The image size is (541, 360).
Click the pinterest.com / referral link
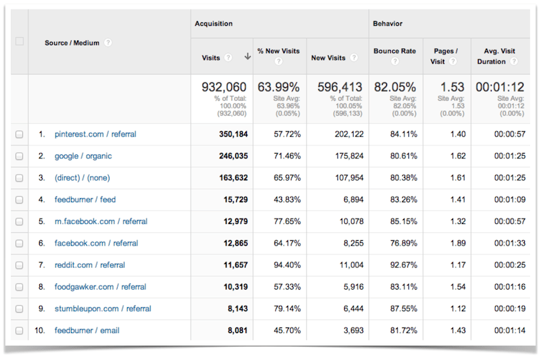tap(95, 135)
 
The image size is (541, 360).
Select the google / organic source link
tap(83, 156)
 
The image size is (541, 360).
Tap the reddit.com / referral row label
tap(90, 265)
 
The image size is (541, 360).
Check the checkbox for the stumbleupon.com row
tap(19, 309)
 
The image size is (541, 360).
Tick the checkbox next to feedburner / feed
tap(19, 200)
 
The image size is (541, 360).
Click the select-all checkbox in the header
tap(19, 41)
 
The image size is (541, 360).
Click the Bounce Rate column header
tap(394, 51)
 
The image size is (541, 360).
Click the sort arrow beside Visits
tap(248, 58)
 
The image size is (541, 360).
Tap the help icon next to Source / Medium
tap(108, 43)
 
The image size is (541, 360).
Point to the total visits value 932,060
tap(224, 87)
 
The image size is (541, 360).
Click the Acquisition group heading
tap(214, 24)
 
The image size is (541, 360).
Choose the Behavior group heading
tap(388, 24)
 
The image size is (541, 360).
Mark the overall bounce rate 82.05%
tap(395, 87)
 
